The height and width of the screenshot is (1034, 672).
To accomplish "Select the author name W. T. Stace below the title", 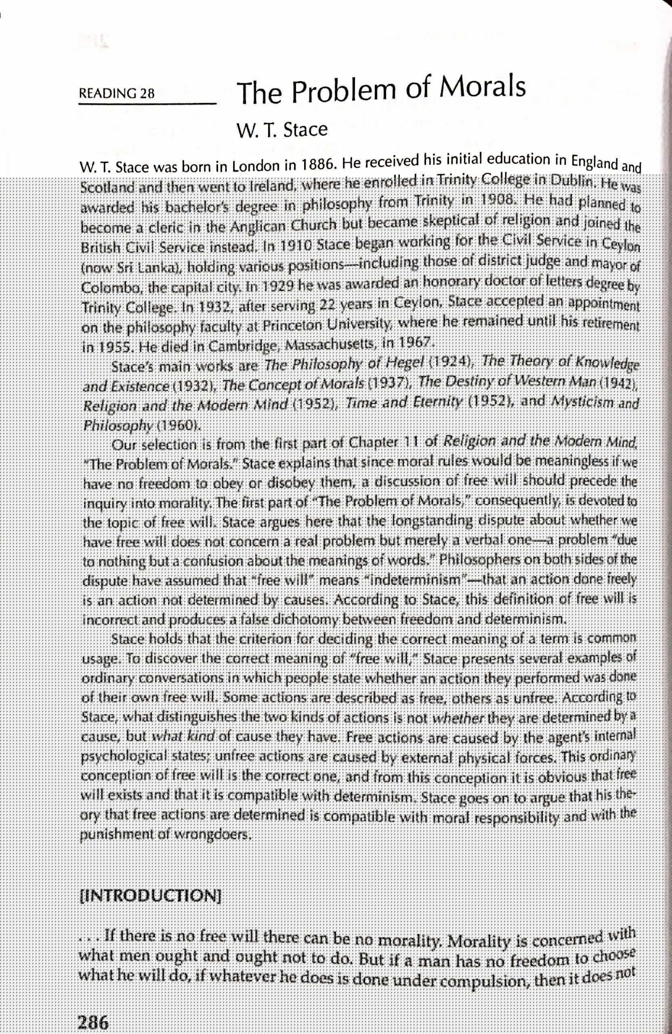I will tap(282, 130).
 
